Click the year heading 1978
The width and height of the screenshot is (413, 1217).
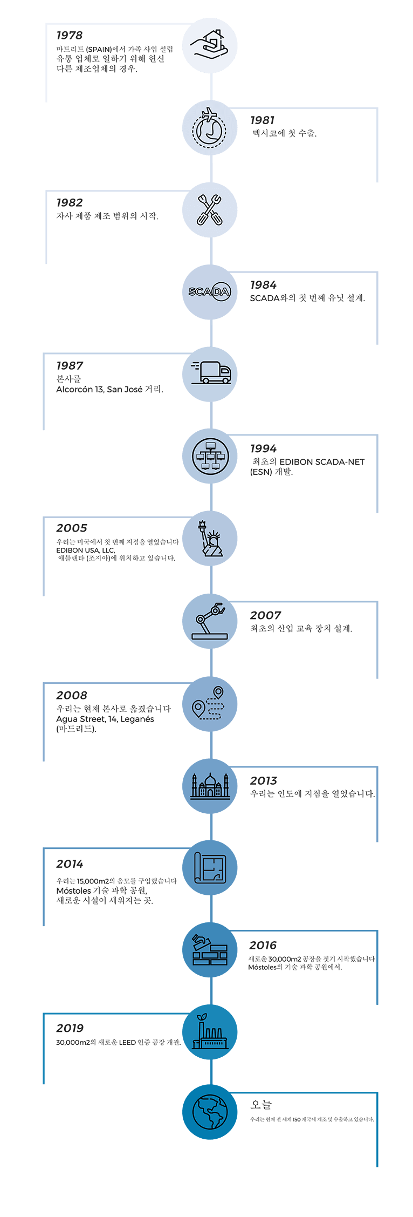coord(70,35)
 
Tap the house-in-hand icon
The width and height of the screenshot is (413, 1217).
coord(210,45)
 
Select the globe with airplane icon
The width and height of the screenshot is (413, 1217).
coord(210,128)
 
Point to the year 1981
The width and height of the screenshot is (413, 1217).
coord(263,120)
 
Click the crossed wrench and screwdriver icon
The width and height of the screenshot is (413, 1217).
coord(210,209)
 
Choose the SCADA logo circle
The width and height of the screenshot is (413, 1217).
coord(210,292)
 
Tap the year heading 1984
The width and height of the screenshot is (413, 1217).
coord(263,285)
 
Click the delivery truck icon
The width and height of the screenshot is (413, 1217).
coord(211,372)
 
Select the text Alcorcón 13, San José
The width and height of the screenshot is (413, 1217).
coord(99,389)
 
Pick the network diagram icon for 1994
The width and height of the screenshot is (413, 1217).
coord(210,456)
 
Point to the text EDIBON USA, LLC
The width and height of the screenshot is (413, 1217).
coord(86,550)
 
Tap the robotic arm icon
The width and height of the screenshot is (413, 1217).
coord(210,620)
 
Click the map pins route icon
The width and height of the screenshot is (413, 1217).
coord(209,703)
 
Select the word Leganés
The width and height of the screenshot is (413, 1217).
coord(137,719)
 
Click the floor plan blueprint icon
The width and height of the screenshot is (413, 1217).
coord(210,868)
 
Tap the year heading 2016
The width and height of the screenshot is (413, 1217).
coord(263,946)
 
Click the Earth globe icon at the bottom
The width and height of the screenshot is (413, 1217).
coord(210,1112)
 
